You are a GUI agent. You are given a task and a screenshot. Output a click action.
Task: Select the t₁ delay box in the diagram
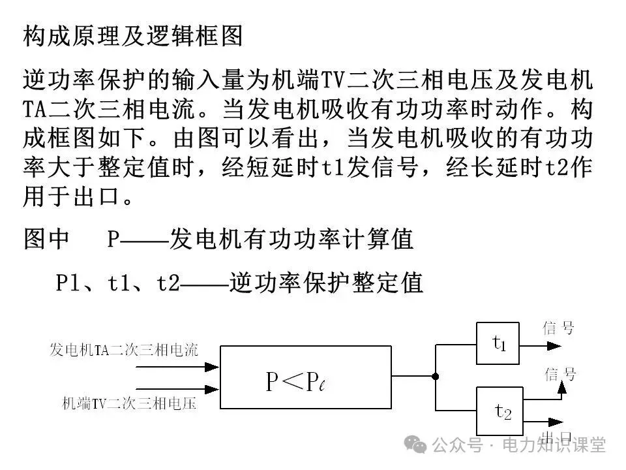point(498,343)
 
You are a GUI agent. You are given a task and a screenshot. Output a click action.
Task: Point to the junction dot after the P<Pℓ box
point(436,377)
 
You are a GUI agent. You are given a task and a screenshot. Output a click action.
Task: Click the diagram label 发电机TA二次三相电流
point(124,350)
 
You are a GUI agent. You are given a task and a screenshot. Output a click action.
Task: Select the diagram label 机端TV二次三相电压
point(129,404)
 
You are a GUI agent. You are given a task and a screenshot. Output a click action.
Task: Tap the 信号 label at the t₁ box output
point(558,328)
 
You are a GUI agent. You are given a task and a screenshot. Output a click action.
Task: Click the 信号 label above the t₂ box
point(561,374)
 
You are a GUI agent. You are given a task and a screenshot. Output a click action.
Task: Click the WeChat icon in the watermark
point(415,445)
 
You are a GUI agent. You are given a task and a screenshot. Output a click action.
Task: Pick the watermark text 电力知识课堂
point(554,445)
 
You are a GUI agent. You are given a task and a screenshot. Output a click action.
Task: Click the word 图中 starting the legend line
point(46,240)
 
